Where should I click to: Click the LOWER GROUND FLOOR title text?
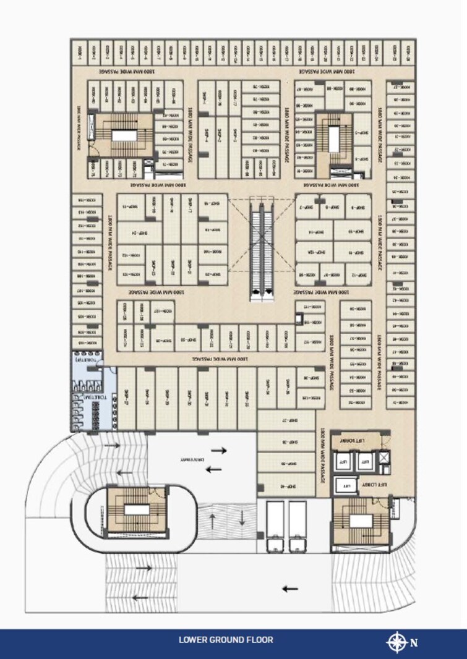[226, 640]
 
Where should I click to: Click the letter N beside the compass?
[414, 642]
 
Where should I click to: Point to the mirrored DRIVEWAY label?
[192, 460]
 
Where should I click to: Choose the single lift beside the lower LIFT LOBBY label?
[348, 486]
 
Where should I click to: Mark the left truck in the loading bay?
[275, 526]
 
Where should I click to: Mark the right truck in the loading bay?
[298, 526]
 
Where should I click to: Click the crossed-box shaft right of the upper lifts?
[383, 458]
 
